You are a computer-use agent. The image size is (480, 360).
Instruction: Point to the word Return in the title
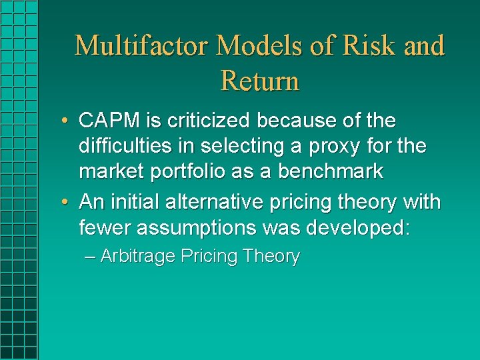pos(259,81)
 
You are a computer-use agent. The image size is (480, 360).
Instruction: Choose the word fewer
pos(105,228)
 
